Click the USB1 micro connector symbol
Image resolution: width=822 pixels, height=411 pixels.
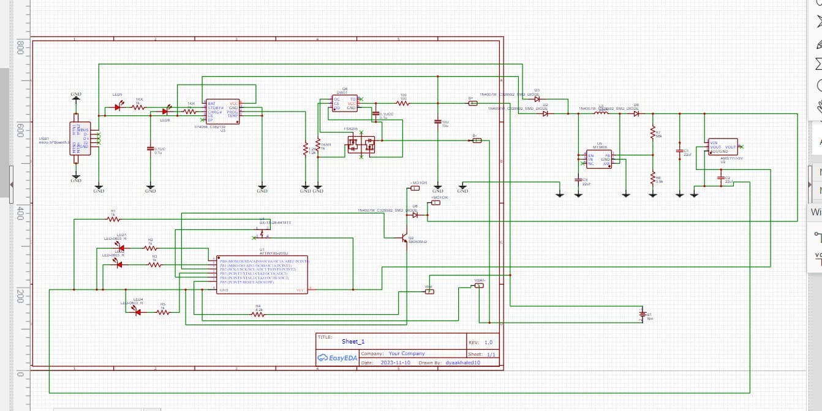[x=81, y=138]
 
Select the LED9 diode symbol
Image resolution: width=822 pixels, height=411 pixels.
[x=118, y=107]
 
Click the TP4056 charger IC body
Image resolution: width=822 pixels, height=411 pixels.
[x=222, y=112]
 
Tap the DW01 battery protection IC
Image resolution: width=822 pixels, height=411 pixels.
[x=344, y=103]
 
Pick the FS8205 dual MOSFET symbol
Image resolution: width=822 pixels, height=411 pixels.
[x=361, y=145]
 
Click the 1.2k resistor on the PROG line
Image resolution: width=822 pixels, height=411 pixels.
[x=305, y=149]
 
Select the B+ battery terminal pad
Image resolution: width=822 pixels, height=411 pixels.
[x=472, y=103]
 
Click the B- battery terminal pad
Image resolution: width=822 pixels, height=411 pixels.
[x=477, y=140]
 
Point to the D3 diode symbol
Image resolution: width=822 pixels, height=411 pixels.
[x=537, y=99]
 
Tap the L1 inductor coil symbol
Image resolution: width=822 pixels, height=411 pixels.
[x=602, y=113]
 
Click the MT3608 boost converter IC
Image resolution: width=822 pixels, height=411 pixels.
[x=598, y=158]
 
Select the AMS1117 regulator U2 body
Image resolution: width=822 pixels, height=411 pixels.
[x=722, y=147]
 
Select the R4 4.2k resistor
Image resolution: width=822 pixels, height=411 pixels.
[x=258, y=314]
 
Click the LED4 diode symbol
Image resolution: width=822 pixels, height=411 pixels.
[x=137, y=312]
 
